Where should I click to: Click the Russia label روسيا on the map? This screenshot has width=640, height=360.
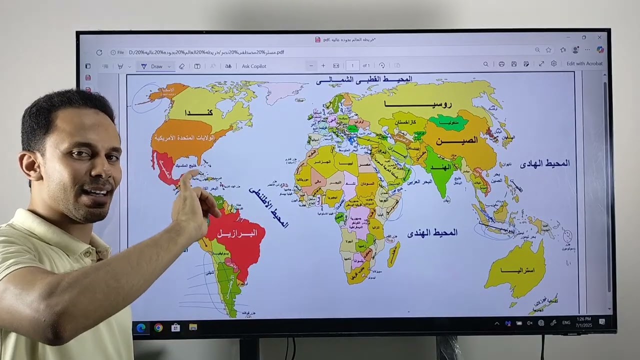click(418, 104)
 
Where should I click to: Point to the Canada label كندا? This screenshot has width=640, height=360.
click(198, 112)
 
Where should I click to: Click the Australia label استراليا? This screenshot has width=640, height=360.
click(517, 270)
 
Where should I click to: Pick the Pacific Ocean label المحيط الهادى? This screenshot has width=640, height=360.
click(544, 163)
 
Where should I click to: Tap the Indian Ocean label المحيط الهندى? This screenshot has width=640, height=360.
click(432, 232)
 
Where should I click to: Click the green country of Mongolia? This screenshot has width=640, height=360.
click(448, 121)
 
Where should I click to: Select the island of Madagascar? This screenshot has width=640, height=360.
click(393, 254)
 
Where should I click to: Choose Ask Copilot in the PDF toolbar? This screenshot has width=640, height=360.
click(254, 66)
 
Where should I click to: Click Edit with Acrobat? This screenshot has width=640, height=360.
click(584, 64)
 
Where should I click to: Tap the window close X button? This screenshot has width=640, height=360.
click(599, 37)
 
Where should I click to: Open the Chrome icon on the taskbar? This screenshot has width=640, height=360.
click(158, 327)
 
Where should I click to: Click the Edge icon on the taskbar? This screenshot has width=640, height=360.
click(141, 327)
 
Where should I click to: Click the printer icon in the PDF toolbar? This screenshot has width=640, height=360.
click(501, 64)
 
